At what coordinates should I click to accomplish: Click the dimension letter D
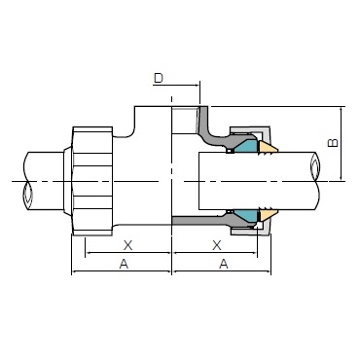point(159,78)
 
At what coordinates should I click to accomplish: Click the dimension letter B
point(333,143)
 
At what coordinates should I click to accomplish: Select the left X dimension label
point(128,245)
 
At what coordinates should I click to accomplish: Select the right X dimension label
point(217,245)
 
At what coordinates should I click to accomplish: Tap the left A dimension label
point(124,265)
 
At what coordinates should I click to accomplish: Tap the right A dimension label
point(224,265)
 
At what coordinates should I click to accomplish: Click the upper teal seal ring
point(246,147)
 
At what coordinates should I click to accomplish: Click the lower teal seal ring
point(246,215)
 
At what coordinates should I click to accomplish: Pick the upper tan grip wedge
point(268,147)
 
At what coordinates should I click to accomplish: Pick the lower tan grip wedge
point(268,215)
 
